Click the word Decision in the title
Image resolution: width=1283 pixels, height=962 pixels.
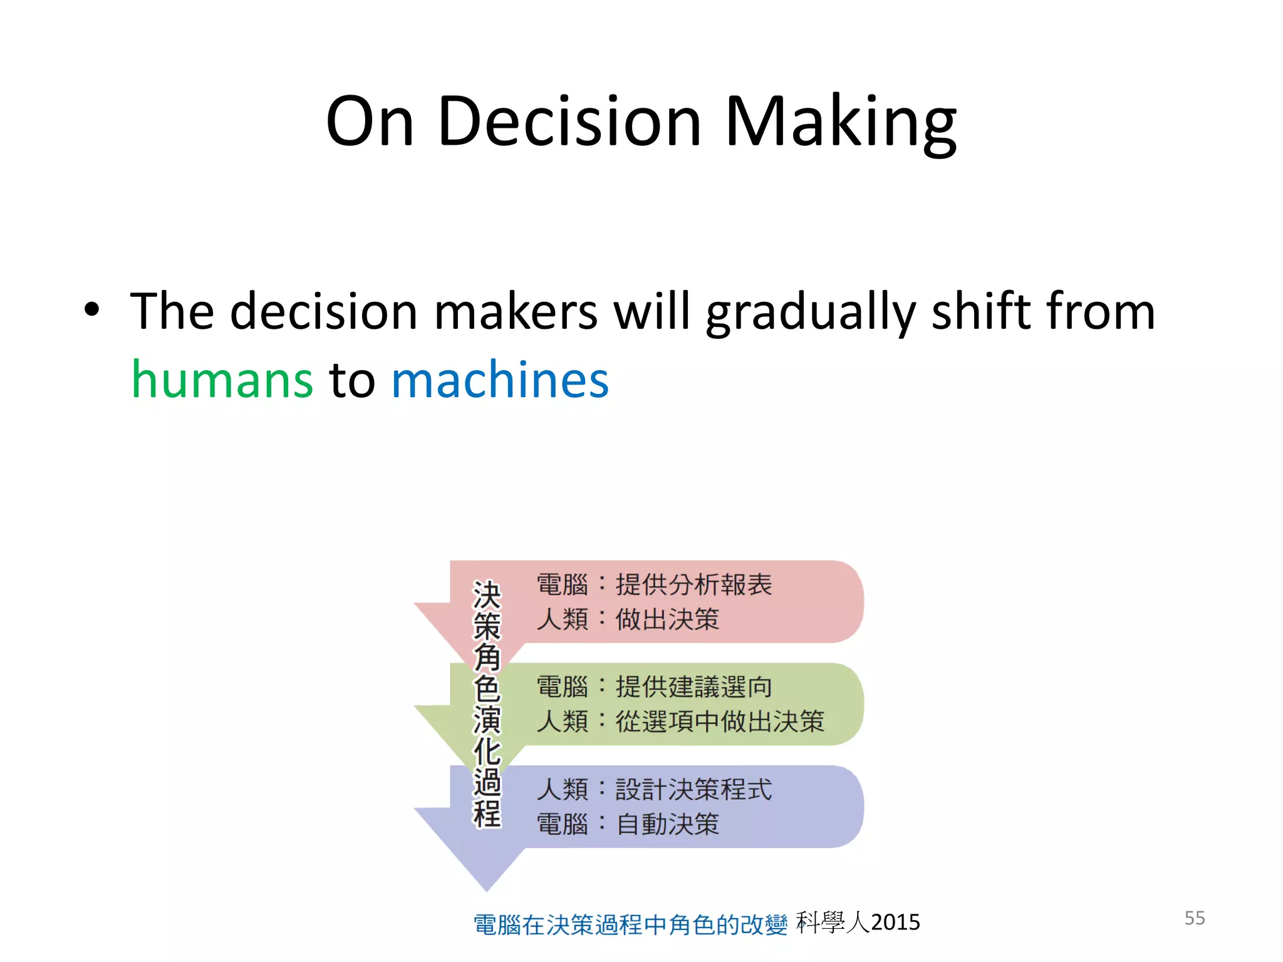coord(569,122)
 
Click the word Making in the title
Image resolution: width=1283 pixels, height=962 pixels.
coord(839,122)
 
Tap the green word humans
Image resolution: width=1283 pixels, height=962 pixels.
coord(222,380)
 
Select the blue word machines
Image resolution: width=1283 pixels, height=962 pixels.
coord(500,380)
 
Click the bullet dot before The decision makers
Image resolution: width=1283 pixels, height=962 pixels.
coord(92,309)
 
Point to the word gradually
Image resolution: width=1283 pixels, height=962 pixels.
coord(811,311)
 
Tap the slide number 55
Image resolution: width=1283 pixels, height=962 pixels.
coord(1194,918)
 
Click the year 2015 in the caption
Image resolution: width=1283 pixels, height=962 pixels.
coord(895,923)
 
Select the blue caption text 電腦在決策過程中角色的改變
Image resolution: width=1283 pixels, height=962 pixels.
coord(630,924)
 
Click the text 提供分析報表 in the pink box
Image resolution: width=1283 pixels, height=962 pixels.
coord(693,584)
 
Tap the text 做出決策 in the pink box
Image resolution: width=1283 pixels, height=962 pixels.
coord(667,619)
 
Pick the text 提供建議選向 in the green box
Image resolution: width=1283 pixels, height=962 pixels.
coord(693,687)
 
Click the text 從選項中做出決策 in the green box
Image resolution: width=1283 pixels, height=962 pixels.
coord(720,721)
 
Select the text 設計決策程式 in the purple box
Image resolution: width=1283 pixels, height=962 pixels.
coord(693,789)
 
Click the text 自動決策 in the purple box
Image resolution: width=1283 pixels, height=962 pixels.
coord(667,824)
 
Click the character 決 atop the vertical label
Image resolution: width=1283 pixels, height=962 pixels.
coord(487,594)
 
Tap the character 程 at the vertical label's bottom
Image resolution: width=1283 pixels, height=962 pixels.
coord(487,813)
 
